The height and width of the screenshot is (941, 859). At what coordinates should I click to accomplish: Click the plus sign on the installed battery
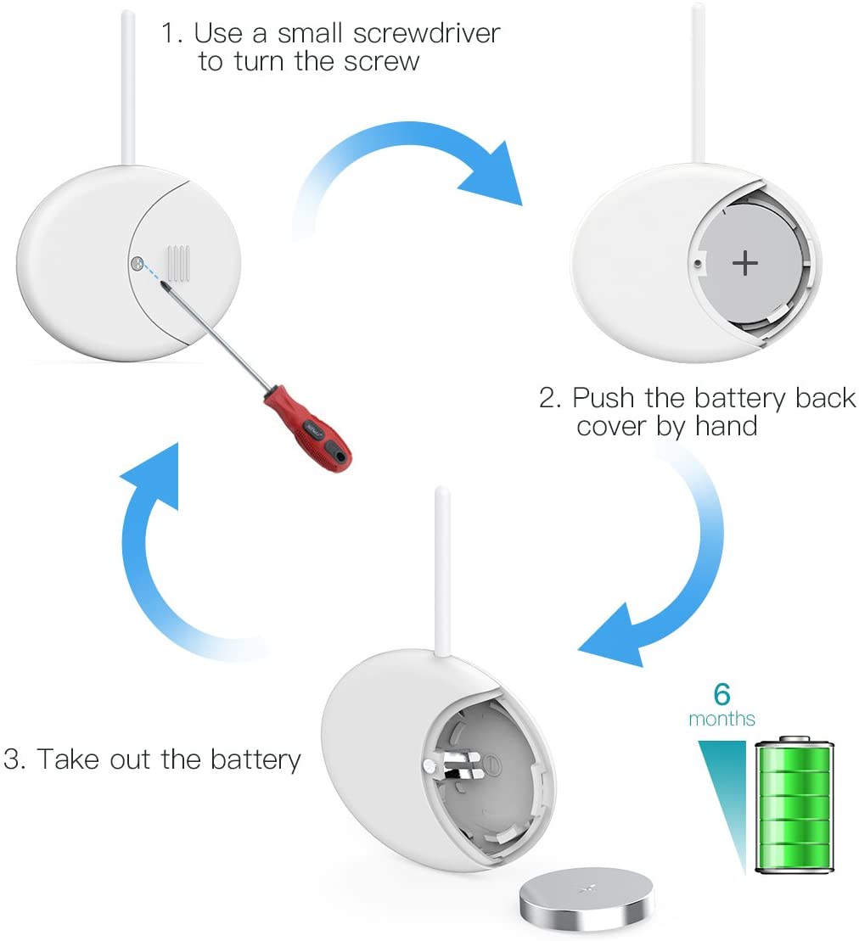point(744,263)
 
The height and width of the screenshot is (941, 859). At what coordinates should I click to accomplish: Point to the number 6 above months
point(721,693)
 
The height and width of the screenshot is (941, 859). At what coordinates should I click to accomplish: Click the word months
point(721,719)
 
